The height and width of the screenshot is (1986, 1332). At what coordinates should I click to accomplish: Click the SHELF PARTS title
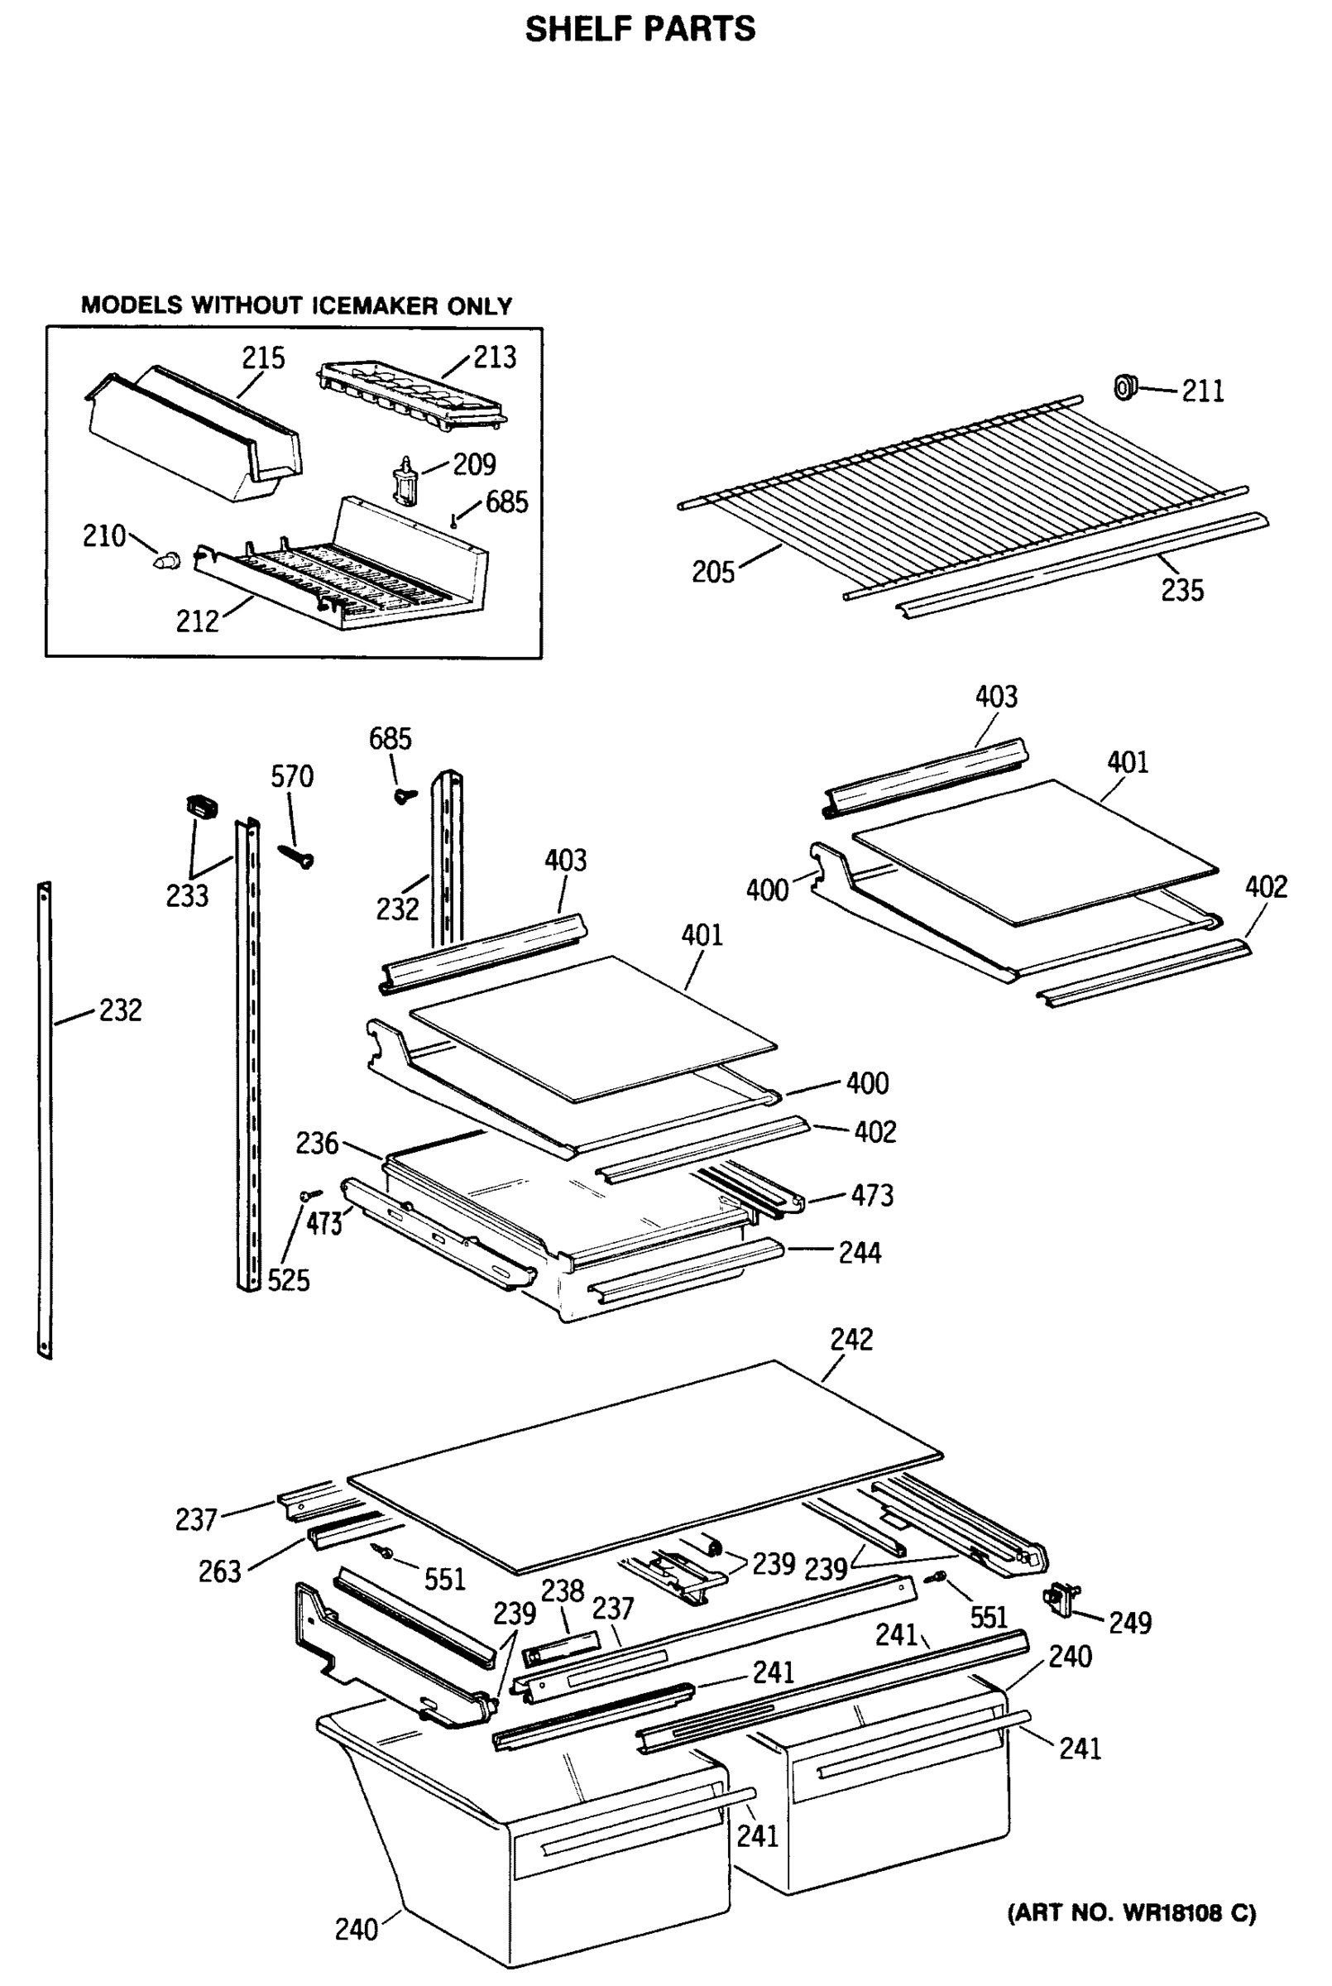click(640, 29)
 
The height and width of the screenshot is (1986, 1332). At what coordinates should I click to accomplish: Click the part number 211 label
click(1202, 391)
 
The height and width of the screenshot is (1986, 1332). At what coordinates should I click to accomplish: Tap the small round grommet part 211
click(1125, 387)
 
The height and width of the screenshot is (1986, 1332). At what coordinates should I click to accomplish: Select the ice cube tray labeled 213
click(412, 391)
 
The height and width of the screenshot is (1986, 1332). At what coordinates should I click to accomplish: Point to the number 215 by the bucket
click(263, 358)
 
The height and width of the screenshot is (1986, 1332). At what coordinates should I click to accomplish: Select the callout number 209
click(474, 465)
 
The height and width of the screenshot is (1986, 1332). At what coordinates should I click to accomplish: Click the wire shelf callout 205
click(712, 573)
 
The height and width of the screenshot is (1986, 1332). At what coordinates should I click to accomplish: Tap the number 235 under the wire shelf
click(1181, 590)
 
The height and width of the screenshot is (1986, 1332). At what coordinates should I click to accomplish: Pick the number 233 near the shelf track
click(187, 896)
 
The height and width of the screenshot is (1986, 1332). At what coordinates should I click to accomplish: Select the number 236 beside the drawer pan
click(317, 1144)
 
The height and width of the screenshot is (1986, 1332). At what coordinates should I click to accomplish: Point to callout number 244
click(860, 1253)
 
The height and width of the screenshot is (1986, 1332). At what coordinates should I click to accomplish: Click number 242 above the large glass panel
click(851, 1340)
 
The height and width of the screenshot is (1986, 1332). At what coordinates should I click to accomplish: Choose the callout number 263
click(220, 1572)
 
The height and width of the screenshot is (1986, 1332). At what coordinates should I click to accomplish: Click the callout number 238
click(563, 1591)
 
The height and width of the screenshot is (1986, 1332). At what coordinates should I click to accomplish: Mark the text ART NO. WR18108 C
click(1131, 1913)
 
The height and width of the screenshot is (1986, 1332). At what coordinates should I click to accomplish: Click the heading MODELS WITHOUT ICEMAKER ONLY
click(296, 306)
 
